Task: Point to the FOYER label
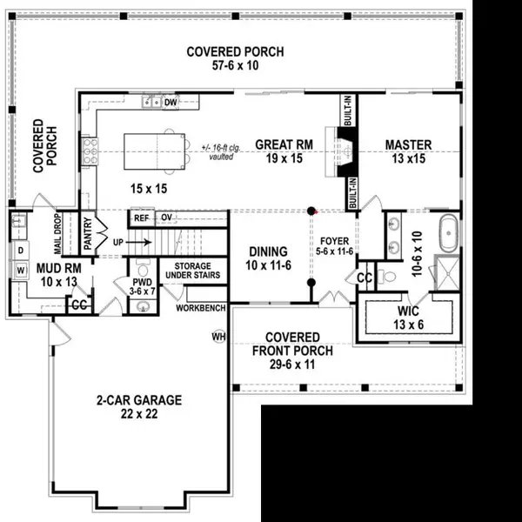pyautogui.click(x=334, y=240)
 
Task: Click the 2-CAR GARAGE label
pyautogui.click(x=138, y=401)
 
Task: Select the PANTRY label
pyautogui.click(x=87, y=232)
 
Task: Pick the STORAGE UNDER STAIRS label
pyautogui.click(x=197, y=270)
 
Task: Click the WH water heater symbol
pyautogui.click(x=218, y=336)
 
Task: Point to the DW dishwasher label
pyautogui.click(x=171, y=102)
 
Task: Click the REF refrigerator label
pyautogui.click(x=140, y=217)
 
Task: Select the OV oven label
pyautogui.click(x=166, y=217)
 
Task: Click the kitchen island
pyautogui.click(x=156, y=151)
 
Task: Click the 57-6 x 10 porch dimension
pyautogui.click(x=235, y=65)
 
